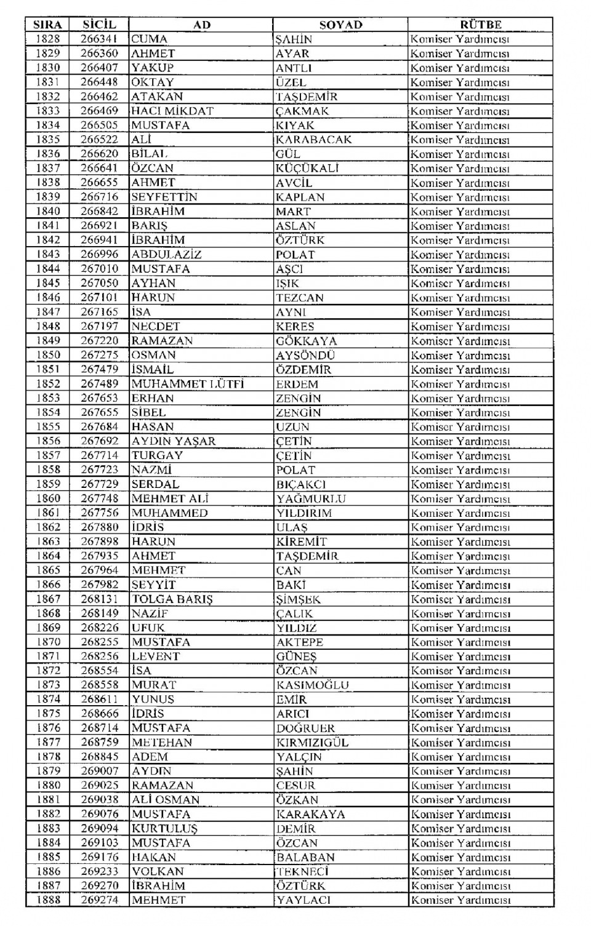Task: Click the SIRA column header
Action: (47, 25)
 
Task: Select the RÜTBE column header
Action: (480, 25)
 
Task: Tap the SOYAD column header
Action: (340, 25)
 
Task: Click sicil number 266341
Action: (98, 39)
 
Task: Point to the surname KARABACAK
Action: (313, 140)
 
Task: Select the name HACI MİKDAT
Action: (172, 111)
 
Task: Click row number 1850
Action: (48, 355)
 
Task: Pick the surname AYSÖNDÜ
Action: (305, 355)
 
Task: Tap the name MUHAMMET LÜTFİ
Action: (188, 384)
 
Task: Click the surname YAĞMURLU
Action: (311, 498)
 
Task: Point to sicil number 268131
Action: (99, 599)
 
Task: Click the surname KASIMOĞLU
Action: (313, 685)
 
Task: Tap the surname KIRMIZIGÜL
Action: (312, 743)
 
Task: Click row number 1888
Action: (48, 900)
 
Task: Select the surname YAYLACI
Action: (303, 900)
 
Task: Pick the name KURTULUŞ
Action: (164, 829)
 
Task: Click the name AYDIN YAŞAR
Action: (174, 441)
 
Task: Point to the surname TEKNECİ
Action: (302, 872)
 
